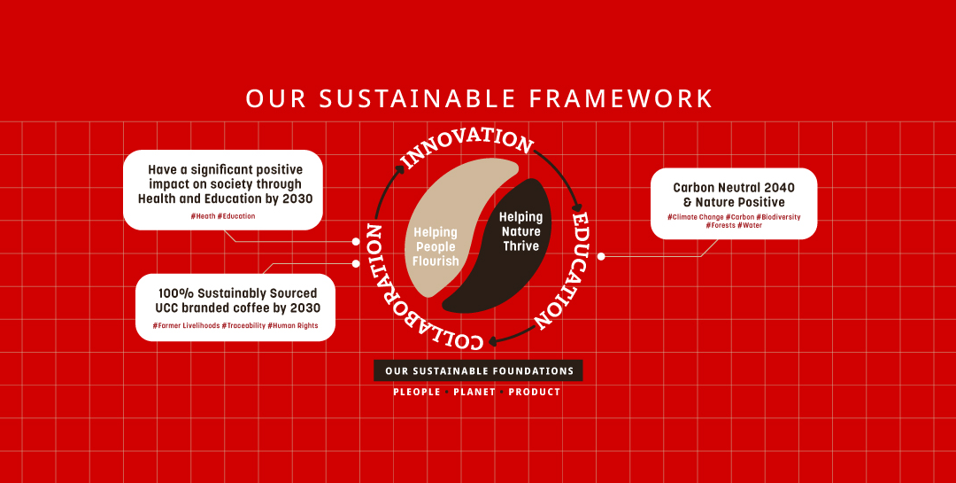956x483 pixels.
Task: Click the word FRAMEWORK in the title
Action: pyautogui.click(x=620, y=98)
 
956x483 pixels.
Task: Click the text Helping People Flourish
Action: pyautogui.click(x=436, y=246)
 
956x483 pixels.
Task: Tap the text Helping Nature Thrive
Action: pyautogui.click(x=520, y=231)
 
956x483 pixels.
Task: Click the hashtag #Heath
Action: pyautogui.click(x=203, y=216)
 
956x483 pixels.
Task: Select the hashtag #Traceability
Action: pyautogui.click(x=243, y=325)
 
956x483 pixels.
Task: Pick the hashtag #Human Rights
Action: pyautogui.click(x=293, y=325)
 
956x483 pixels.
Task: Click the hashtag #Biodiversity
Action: pyautogui.click(x=778, y=217)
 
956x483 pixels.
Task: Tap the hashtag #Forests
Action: pyautogui.click(x=721, y=225)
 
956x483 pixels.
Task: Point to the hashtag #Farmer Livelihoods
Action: pyautogui.click(x=186, y=325)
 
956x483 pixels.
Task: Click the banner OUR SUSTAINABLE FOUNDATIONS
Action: pyautogui.click(x=479, y=370)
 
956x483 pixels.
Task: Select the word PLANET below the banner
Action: pyautogui.click(x=474, y=392)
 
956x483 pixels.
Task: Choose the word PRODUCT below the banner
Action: pyautogui.click(x=535, y=392)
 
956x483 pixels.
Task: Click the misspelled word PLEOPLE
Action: pyautogui.click(x=417, y=392)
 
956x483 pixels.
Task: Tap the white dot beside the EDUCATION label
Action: pyautogui.click(x=600, y=256)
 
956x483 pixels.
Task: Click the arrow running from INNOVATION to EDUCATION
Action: pyautogui.click(x=565, y=175)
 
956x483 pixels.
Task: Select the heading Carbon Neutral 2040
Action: pyautogui.click(x=734, y=188)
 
